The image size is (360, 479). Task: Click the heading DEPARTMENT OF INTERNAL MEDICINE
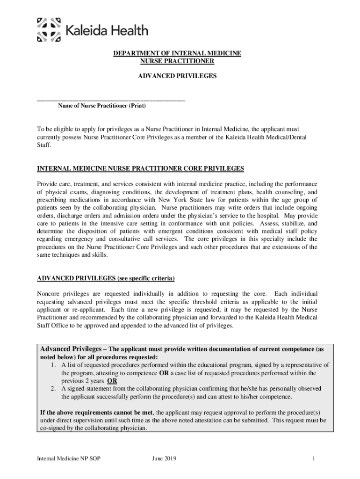[x=177, y=54]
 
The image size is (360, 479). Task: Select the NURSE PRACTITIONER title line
[x=177, y=61]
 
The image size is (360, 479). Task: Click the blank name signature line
[x=111, y=100]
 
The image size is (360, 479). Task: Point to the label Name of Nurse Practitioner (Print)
[x=102, y=106]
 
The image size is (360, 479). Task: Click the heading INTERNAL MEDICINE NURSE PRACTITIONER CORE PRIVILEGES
[x=140, y=168]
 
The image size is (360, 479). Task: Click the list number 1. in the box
[x=54, y=365]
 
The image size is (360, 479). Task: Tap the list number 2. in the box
[x=54, y=389]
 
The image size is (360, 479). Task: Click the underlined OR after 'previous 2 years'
[x=112, y=381]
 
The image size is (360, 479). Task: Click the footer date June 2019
[x=164, y=460]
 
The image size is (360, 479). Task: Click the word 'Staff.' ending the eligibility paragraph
[x=44, y=145]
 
